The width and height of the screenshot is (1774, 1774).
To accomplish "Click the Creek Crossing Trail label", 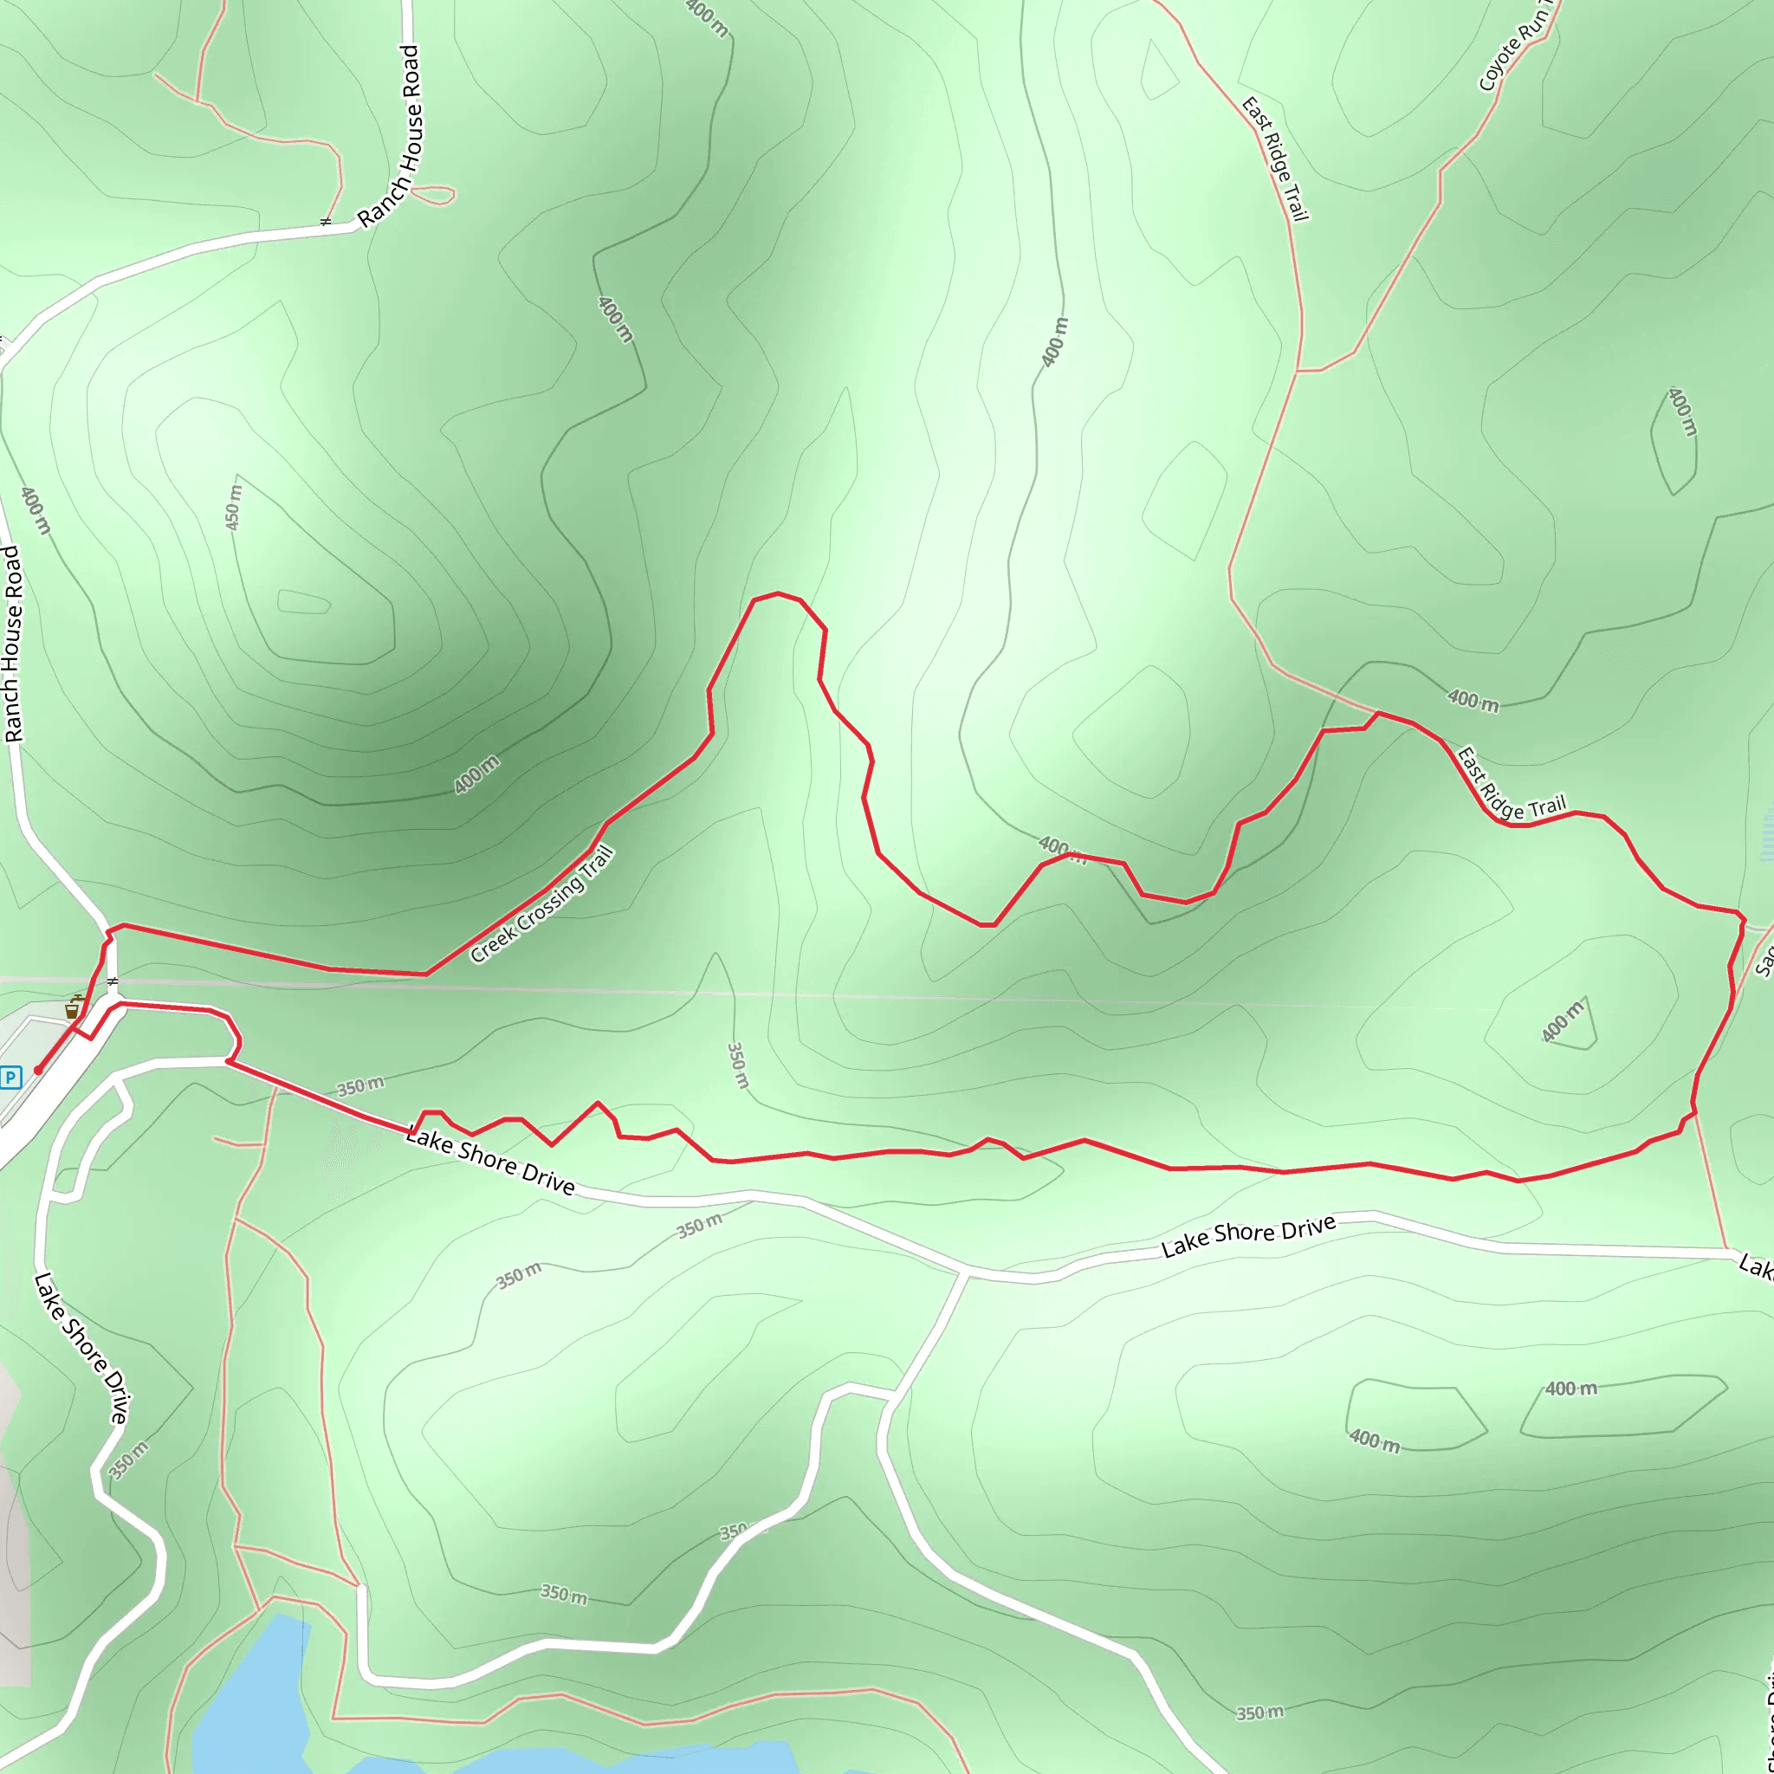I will [x=541, y=904].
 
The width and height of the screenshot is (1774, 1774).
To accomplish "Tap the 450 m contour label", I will [x=233, y=507].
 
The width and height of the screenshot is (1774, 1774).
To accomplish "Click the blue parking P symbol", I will [x=11, y=1077].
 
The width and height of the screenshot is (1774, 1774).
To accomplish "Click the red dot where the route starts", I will [x=37, y=1071].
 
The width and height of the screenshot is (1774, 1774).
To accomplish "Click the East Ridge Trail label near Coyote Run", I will [x=1274, y=159].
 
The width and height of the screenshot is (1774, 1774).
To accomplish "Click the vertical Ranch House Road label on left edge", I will [x=13, y=644].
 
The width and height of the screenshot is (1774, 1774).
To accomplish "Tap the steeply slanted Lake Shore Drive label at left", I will [x=81, y=1348].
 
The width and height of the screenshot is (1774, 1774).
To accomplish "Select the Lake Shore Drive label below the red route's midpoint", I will [x=1248, y=1236].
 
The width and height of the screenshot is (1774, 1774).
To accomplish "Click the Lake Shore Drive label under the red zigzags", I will [x=490, y=1162].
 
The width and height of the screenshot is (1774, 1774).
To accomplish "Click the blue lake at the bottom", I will [x=248, y=1699].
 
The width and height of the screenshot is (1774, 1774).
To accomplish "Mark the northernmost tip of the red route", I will [x=777, y=593].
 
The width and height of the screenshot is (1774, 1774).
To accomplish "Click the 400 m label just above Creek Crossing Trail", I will [x=476, y=774].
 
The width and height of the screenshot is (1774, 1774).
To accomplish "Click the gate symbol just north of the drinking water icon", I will [x=113, y=981].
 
